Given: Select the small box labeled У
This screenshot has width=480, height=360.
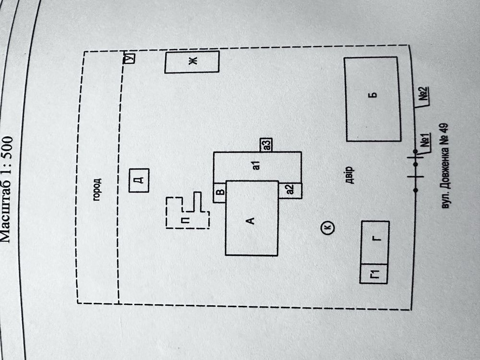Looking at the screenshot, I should pyautogui.click(x=129, y=58).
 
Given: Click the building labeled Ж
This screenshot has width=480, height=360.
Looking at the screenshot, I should pyautogui.click(x=192, y=62).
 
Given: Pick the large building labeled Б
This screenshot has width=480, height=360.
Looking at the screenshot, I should pyautogui.click(x=373, y=99).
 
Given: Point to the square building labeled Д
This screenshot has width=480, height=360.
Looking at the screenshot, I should pyautogui.click(x=139, y=180).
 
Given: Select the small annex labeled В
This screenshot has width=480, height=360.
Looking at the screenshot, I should pyautogui.click(x=220, y=192).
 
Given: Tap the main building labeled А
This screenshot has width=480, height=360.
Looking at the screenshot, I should pyautogui.click(x=251, y=218).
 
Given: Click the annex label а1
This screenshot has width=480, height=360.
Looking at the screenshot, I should pyautogui.click(x=256, y=166).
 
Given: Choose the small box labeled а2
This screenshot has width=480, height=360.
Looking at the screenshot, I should pyautogui.click(x=290, y=190).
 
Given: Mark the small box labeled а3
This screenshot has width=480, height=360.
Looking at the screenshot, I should pyautogui.click(x=266, y=144).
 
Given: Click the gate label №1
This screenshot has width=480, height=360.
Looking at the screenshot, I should pyautogui.click(x=425, y=143).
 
